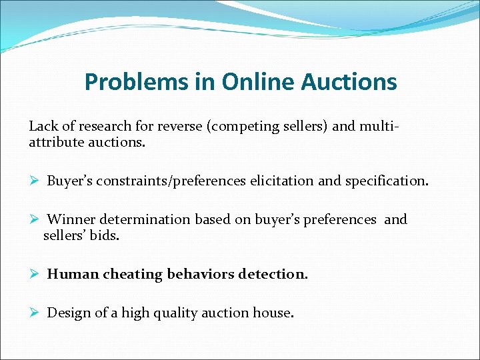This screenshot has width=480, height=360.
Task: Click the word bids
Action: pyautogui.click(x=105, y=235)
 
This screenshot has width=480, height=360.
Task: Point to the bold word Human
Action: pyautogui.click(x=73, y=274)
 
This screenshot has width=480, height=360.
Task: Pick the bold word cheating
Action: pyautogui.click(x=133, y=274)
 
